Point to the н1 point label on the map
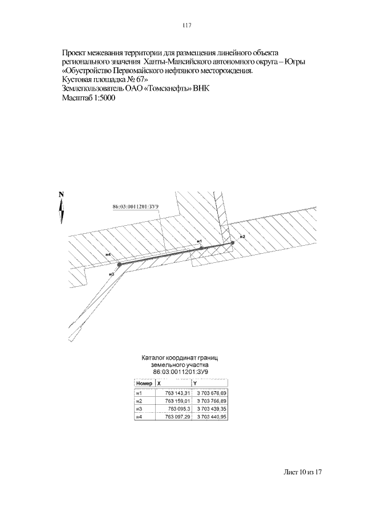pos(199,242)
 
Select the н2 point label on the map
pos(242,236)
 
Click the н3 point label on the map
pos(111,274)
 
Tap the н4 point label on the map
pos(108,254)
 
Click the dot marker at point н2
pos(233,243)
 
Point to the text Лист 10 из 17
pos(303,473)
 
